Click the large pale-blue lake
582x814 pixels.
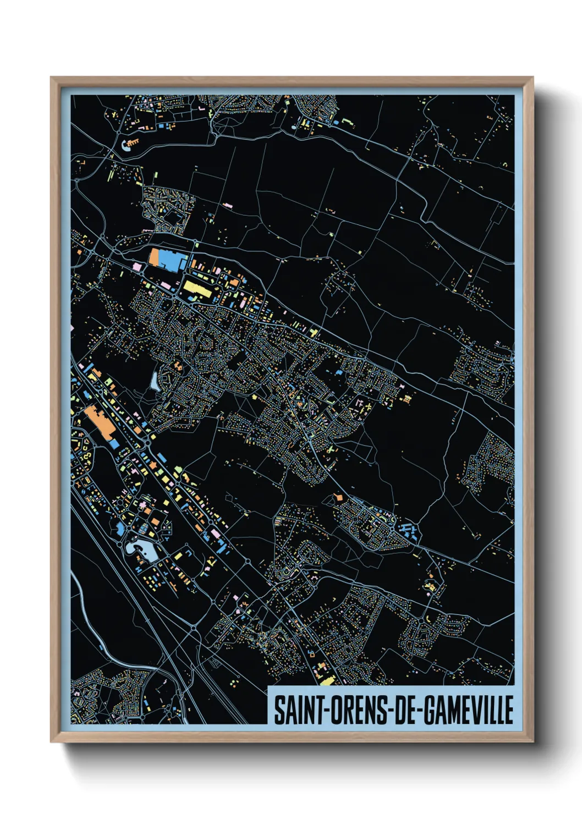(x=140, y=548)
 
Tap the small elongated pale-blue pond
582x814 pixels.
(x=155, y=379)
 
